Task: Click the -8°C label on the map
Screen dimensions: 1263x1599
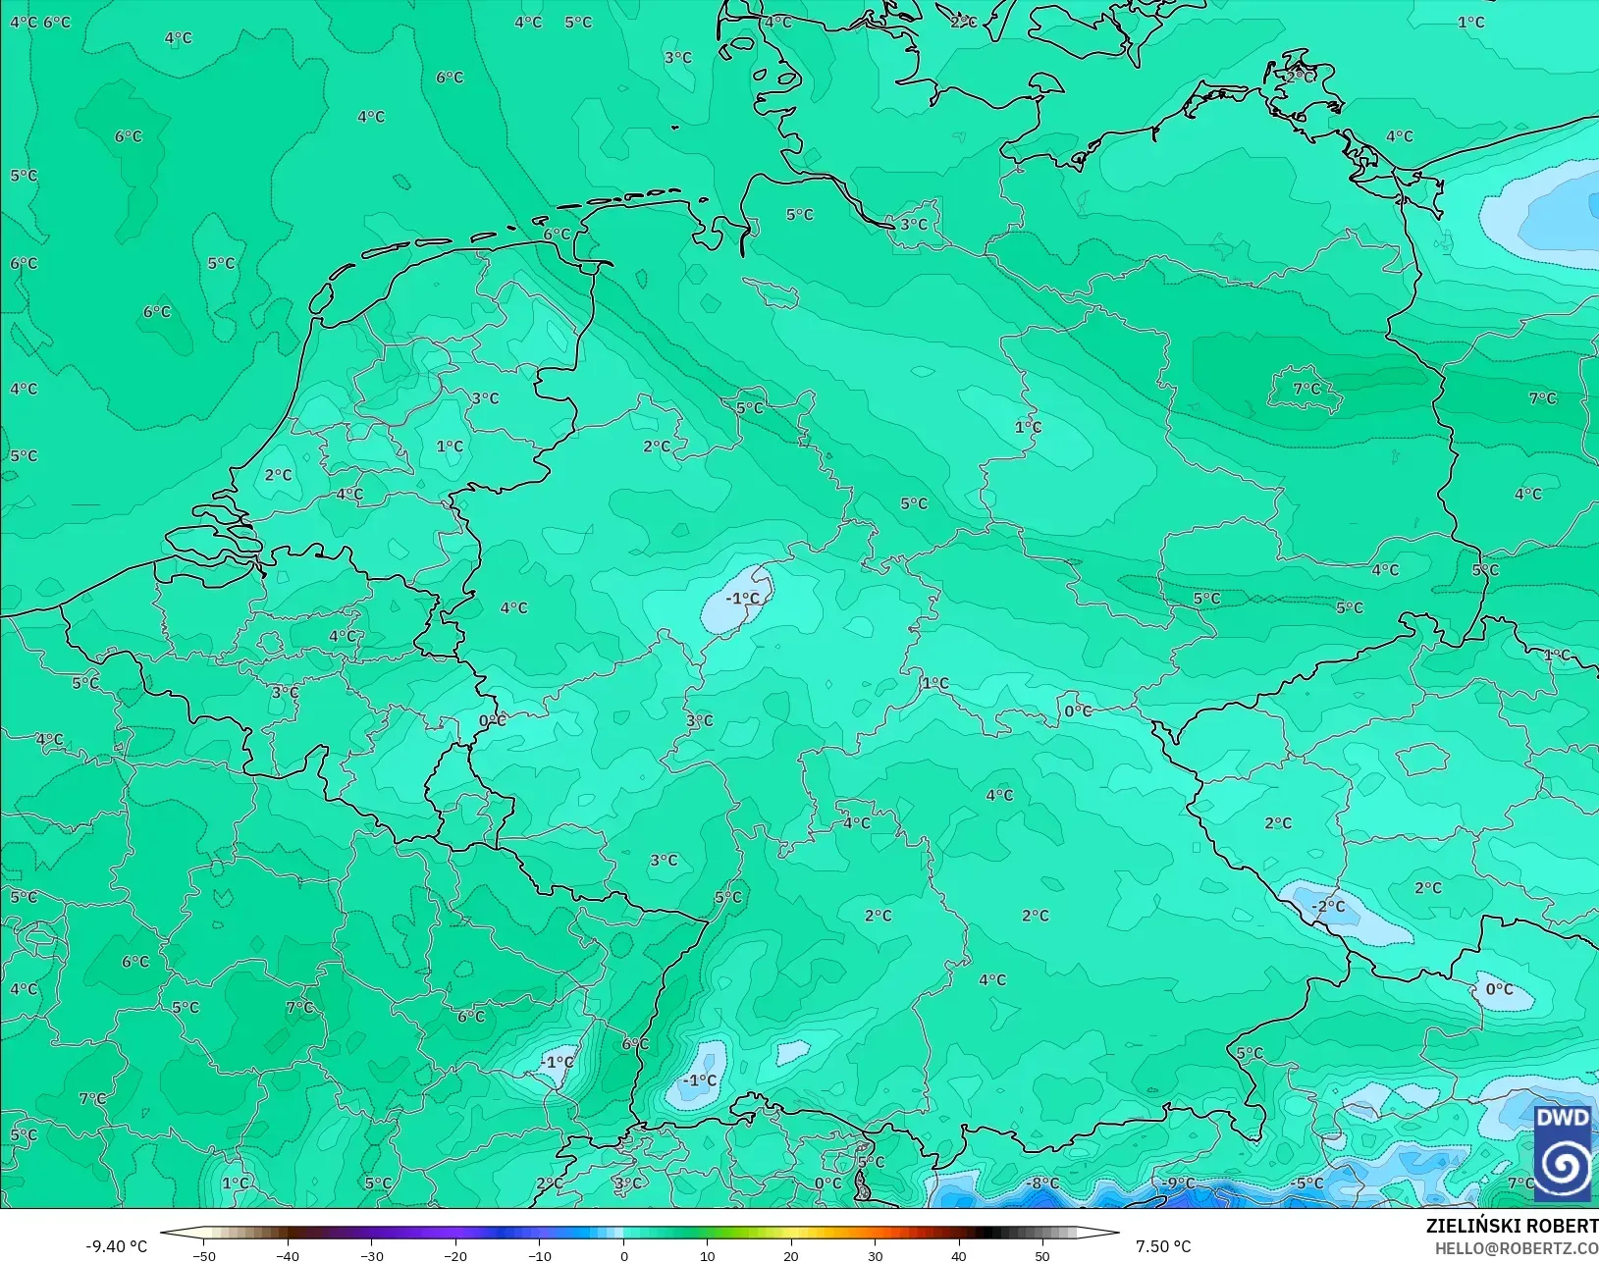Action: (1041, 1184)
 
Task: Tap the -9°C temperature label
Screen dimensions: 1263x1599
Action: (1178, 1184)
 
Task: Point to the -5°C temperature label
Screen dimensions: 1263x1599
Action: (1307, 1184)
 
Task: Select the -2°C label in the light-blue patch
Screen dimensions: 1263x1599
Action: (1329, 906)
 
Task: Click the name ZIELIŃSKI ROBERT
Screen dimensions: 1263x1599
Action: (1512, 1227)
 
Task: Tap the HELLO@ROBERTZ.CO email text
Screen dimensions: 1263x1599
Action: (1516, 1248)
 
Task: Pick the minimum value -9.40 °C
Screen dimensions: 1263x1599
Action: (116, 1246)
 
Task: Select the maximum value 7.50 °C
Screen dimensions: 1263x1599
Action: (1163, 1246)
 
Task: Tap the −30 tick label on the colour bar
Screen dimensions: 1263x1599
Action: (371, 1255)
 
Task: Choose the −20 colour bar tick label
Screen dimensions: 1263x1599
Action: (454, 1255)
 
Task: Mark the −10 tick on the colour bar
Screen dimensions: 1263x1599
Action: (539, 1255)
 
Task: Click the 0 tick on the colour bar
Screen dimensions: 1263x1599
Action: (624, 1255)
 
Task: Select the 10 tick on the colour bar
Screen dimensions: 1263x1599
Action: (708, 1255)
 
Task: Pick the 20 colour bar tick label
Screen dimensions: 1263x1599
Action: (791, 1255)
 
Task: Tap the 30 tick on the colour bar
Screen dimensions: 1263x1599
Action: (876, 1255)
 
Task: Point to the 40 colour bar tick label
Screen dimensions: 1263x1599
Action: (959, 1255)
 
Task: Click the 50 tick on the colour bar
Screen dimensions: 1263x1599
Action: (1042, 1255)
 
